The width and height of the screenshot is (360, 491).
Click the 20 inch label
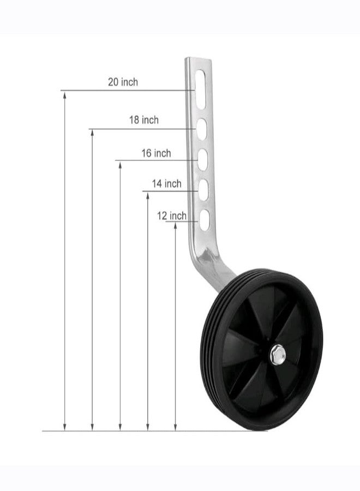(x=123, y=82)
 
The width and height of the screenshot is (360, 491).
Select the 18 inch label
(x=144, y=120)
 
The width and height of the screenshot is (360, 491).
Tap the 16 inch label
(x=156, y=153)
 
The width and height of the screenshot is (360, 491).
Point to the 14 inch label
(x=167, y=183)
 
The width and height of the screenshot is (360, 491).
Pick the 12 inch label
(x=172, y=215)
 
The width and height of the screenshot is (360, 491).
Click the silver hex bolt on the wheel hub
(x=278, y=355)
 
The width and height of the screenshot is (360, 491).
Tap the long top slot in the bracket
(x=200, y=89)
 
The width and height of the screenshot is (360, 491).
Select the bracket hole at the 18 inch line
(x=202, y=129)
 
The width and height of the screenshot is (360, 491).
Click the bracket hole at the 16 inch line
(x=203, y=160)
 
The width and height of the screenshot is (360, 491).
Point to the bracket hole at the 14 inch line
(x=203, y=190)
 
